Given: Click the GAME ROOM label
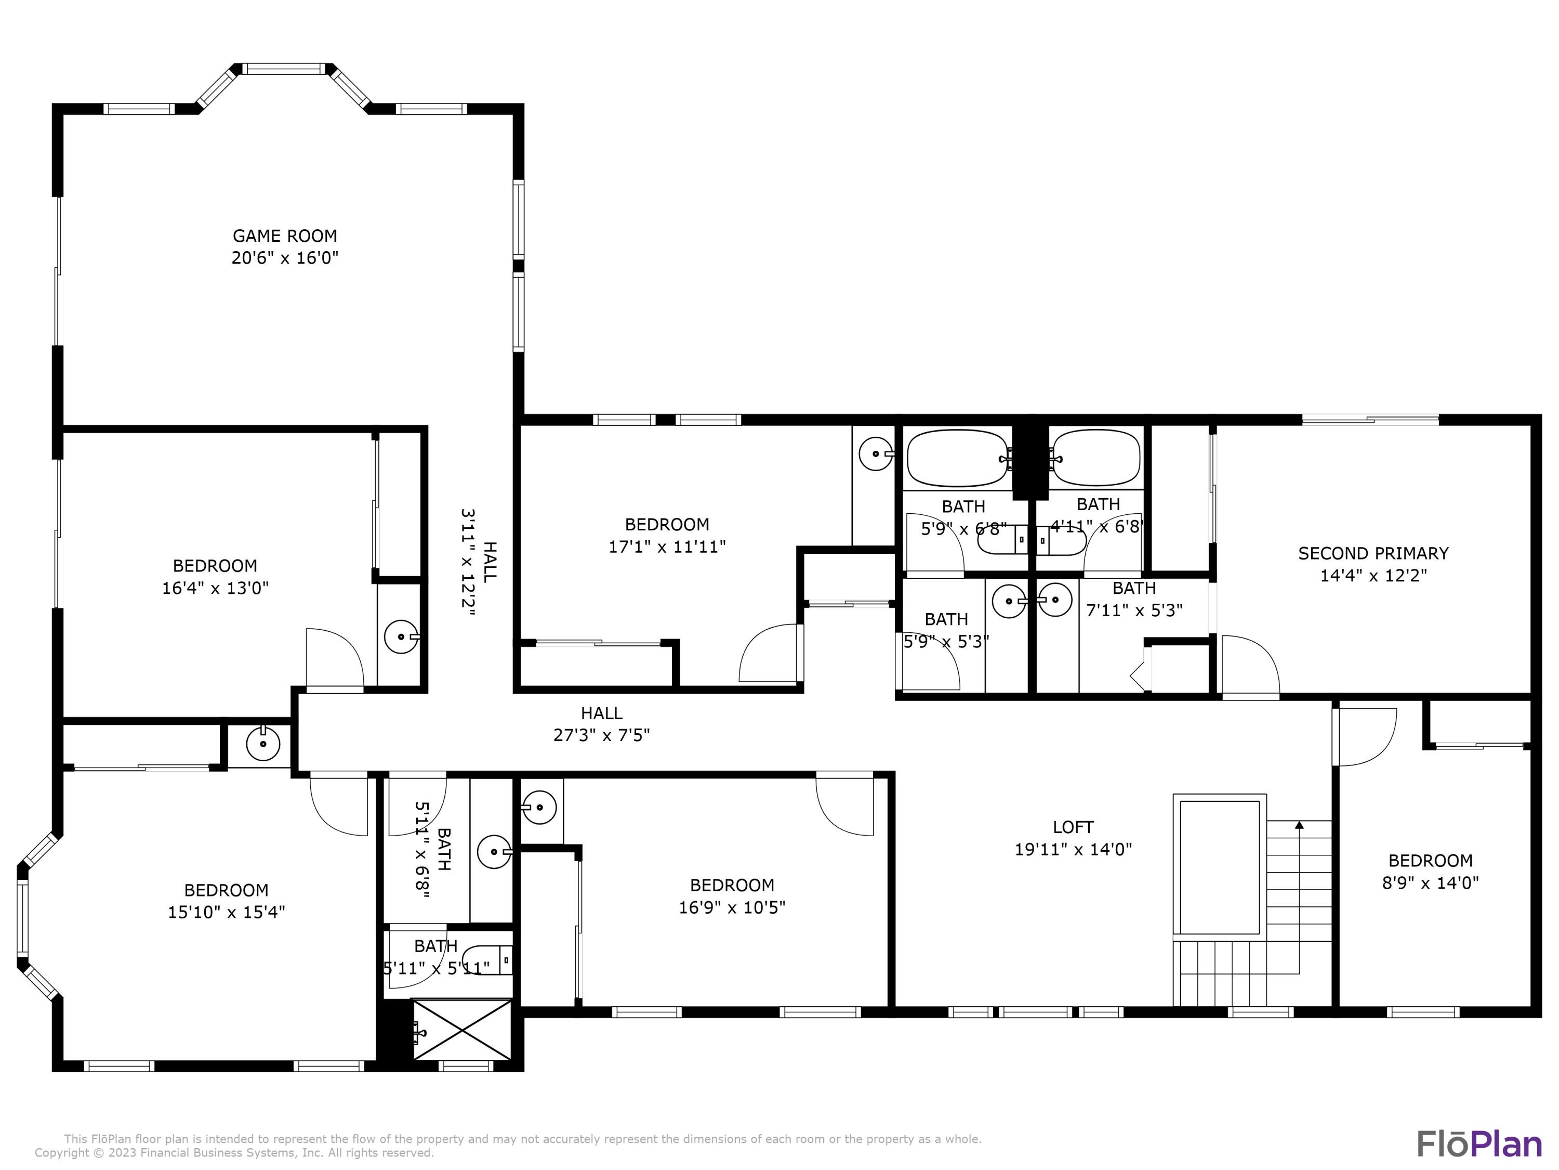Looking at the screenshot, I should click(285, 236).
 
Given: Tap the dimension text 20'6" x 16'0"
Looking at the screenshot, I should click(285, 258).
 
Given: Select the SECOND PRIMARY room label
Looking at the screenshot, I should click(1373, 554).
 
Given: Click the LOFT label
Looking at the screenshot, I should click(1073, 827).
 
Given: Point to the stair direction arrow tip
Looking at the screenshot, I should click(1299, 824).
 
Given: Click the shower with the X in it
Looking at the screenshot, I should click(461, 1029).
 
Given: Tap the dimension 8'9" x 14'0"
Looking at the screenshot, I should click(1430, 882).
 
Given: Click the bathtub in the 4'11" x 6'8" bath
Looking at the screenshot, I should click(1096, 459).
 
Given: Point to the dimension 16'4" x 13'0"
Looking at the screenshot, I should click(215, 588).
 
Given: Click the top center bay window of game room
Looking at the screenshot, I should click(285, 69).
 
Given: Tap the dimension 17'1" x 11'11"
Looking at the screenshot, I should click(667, 547).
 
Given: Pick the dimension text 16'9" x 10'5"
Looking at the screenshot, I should click(732, 907).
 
